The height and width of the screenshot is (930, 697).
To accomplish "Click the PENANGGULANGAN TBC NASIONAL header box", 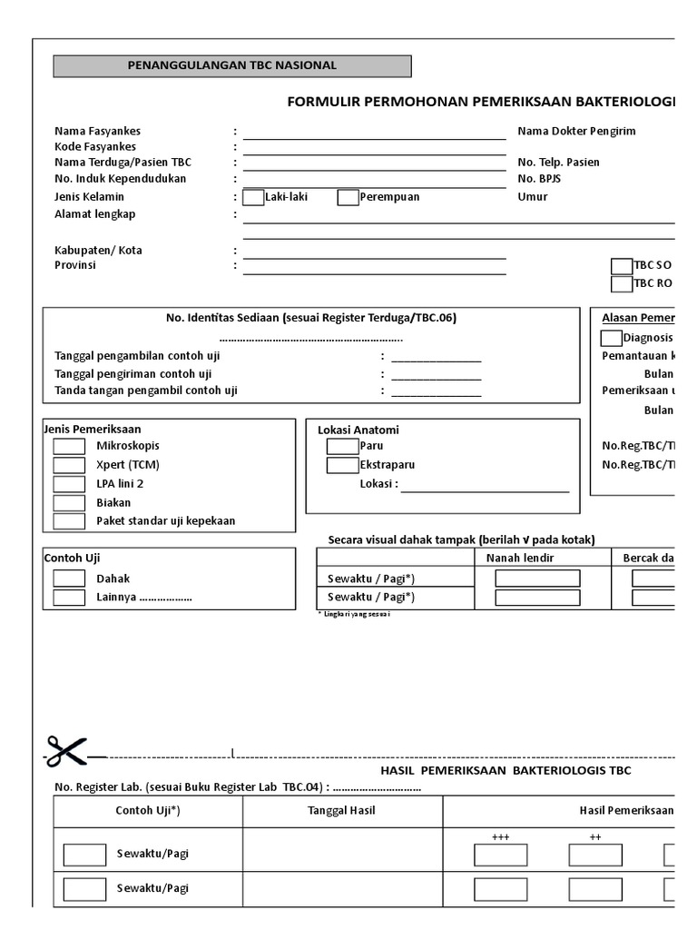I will pyautogui.click(x=232, y=66).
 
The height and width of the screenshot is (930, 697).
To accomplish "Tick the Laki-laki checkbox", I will pyautogui.click(x=253, y=197).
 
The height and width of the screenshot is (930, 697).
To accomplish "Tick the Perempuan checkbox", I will pyautogui.click(x=348, y=197).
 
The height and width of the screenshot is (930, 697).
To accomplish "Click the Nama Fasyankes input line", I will pyautogui.click(x=374, y=134).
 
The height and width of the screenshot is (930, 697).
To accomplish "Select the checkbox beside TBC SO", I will pyautogui.click(x=621, y=265).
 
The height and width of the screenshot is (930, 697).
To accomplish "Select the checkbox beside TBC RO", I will pyautogui.click(x=621, y=283).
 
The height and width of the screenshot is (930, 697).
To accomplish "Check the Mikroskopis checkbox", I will pyautogui.click(x=69, y=446).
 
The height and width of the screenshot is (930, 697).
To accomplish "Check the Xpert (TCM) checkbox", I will pyautogui.click(x=69, y=465).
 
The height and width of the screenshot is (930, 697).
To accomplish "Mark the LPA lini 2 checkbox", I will pyautogui.click(x=69, y=484).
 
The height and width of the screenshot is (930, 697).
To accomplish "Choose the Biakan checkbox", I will pyautogui.click(x=69, y=502).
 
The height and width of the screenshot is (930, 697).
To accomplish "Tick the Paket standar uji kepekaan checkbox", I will pyautogui.click(x=69, y=521).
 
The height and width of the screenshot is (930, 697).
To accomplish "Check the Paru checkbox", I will pyautogui.click(x=342, y=446).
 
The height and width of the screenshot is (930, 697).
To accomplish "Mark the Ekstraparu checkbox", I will pyautogui.click(x=342, y=465).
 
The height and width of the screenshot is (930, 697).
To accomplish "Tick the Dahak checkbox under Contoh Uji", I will pyautogui.click(x=69, y=579).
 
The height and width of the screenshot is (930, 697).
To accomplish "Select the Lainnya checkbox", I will pyautogui.click(x=69, y=598).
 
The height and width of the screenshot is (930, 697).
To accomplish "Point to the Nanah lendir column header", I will pyautogui.click(x=520, y=558).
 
